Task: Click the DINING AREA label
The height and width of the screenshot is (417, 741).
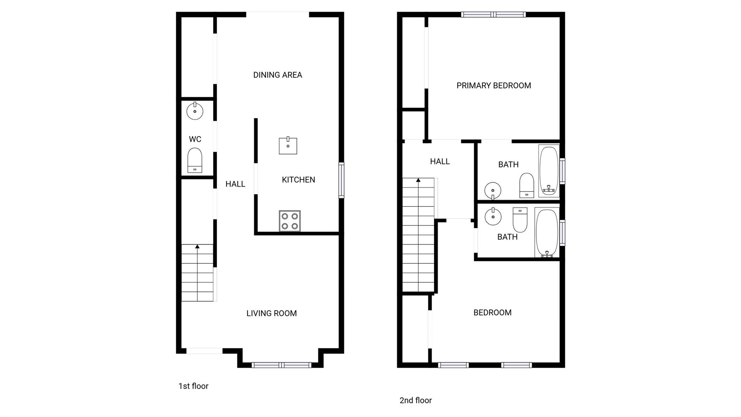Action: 278,75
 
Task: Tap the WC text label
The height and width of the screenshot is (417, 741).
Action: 195,139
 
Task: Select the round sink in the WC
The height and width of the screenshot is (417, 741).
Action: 195,111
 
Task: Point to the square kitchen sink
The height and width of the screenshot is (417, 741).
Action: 288,146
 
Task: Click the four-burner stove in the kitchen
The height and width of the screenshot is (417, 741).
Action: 290,221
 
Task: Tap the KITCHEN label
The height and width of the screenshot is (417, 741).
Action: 298,180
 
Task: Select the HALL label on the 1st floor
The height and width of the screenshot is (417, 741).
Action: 235,184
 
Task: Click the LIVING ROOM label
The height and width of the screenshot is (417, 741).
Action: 271,313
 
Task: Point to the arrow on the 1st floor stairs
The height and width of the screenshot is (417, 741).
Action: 197,247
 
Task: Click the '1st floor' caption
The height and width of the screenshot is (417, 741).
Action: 193,386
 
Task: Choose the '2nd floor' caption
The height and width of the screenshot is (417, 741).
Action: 415,400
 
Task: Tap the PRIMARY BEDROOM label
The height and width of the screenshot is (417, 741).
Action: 494,86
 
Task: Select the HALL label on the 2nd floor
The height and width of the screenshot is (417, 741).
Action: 440,162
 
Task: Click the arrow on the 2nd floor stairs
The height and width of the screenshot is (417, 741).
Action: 418,180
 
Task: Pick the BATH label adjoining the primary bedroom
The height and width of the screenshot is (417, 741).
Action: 508,164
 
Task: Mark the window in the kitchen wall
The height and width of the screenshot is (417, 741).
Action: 341,180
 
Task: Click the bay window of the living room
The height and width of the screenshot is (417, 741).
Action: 281,365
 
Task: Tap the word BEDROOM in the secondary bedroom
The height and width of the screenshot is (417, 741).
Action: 492,313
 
